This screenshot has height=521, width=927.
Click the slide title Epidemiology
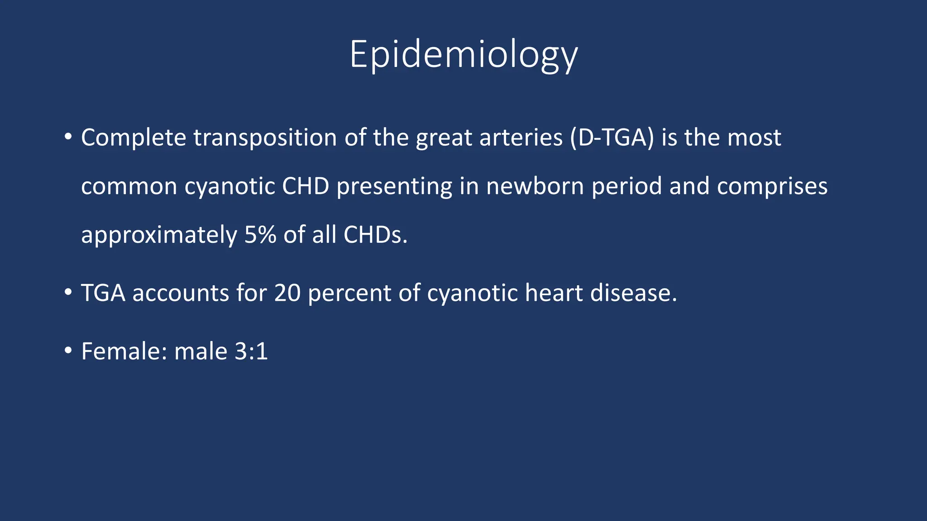tap(463, 55)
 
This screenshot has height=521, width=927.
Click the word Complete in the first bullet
tap(133, 138)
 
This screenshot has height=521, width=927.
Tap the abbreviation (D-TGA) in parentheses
tap(612, 138)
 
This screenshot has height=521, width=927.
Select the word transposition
tap(265, 138)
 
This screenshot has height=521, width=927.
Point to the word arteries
tap(521, 138)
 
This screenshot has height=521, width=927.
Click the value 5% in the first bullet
tap(260, 235)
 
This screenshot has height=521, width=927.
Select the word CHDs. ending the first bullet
tap(375, 235)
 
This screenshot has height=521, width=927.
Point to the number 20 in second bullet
tap(287, 293)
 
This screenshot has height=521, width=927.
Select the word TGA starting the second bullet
tap(103, 293)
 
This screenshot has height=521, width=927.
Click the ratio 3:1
tap(251, 351)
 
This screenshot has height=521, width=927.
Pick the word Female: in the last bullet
tap(124, 351)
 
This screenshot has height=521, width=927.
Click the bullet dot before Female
tap(68, 350)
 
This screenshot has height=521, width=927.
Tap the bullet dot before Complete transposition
tap(68, 137)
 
